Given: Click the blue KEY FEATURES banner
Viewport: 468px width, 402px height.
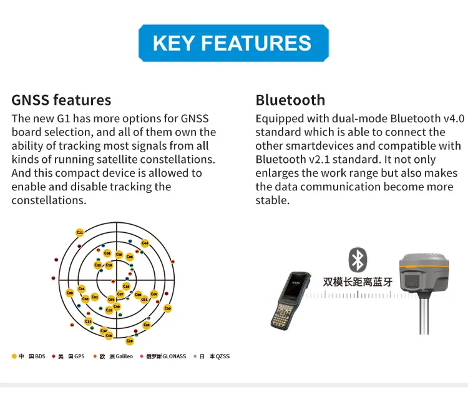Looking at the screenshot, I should click(x=233, y=42).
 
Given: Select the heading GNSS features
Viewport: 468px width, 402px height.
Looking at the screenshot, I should click(x=61, y=100).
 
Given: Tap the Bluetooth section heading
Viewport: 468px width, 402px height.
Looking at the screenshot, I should click(x=290, y=100).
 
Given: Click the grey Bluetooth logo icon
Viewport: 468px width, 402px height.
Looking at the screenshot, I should click(x=358, y=260).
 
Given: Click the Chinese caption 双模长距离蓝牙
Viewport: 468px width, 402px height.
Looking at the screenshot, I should click(x=358, y=282).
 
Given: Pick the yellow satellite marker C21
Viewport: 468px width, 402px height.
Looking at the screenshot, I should click(x=80, y=232).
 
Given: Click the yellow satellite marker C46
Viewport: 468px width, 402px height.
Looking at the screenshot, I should click(x=145, y=243).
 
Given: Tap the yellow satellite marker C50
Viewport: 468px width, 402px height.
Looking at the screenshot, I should click(x=167, y=308).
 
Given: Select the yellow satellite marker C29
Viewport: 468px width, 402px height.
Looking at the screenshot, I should click(x=130, y=341).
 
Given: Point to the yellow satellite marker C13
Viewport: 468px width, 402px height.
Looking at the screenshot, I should click(x=88, y=321).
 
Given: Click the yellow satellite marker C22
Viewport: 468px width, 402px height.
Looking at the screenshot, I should click(x=98, y=265).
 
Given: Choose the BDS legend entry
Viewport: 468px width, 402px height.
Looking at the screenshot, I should click(x=29, y=356).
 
